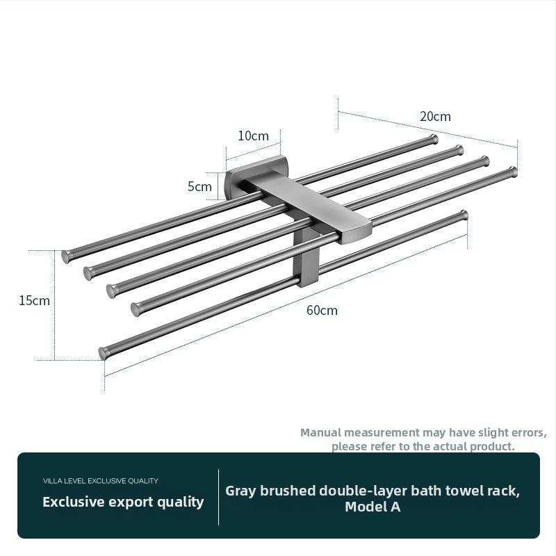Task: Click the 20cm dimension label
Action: click(436, 116)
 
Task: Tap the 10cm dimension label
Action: click(253, 136)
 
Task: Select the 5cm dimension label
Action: click(199, 186)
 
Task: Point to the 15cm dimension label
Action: click(34, 301)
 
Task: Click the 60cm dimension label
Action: click(322, 310)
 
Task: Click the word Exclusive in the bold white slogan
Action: click(73, 502)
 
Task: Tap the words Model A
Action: click(373, 507)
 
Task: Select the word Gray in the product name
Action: click(240, 491)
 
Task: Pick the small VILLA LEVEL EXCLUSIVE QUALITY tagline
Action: click(101, 481)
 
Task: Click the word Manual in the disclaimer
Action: click(321, 432)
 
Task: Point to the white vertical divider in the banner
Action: click(218, 497)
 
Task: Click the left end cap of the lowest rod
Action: click(103, 354)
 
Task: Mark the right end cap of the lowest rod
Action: click(464, 215)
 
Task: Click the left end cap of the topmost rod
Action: click(66, 256)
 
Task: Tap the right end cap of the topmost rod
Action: click(434, 139)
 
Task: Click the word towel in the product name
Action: click(463, 491)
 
